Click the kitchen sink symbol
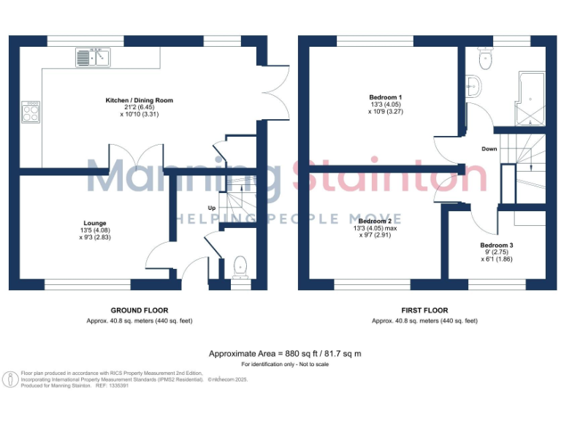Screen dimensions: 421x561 [92, 57]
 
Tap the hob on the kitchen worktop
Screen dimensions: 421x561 [31, 111]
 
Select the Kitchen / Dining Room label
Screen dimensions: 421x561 [139, 100]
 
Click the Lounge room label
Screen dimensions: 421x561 [94, 224]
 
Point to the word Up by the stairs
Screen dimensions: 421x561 [213, 207]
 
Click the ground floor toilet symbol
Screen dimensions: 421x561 [240, 268]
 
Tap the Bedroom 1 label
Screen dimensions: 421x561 [385, 97]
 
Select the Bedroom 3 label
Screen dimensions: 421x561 [496, 245]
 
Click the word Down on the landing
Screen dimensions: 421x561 [489, 149]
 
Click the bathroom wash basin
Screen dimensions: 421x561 [473, 86]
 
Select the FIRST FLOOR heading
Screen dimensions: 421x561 [424, 311]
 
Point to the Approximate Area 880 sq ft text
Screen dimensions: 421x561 [285, 354]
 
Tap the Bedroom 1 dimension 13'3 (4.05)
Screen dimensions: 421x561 [386, 105]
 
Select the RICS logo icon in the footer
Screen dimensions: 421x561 [10, 380]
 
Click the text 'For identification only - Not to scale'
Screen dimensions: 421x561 [285, 364]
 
